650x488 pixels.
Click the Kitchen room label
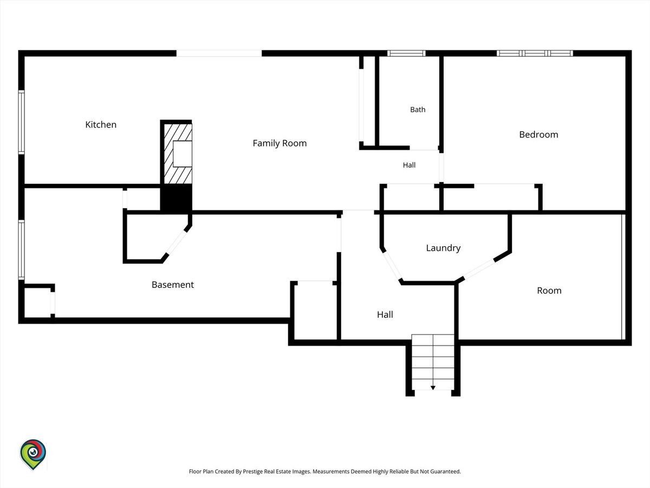tap(101, 125)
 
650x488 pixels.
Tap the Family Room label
tap(279, 143)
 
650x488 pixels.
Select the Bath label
tap(418, 110)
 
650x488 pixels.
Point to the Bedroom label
tap(538, 134)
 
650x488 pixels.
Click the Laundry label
tap(443, 248)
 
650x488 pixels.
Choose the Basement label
tap(173, 285)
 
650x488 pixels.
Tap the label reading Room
tap(549, 291)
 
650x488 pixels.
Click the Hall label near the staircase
tap(385, 314)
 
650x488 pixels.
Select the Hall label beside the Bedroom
tap(409, 165)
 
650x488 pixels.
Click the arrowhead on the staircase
tap(433, 388)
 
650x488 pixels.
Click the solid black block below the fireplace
tap(176, 197)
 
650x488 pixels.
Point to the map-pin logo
tap(33, 454)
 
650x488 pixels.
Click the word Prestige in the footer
tap(252, 471)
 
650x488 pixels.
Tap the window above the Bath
tap(406, 53)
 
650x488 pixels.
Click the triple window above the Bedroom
tap(535, 53)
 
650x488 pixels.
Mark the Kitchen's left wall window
tap(21, 122)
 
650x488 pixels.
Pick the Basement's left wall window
tap(21, 249)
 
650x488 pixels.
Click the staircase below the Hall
tap(433, 362)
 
